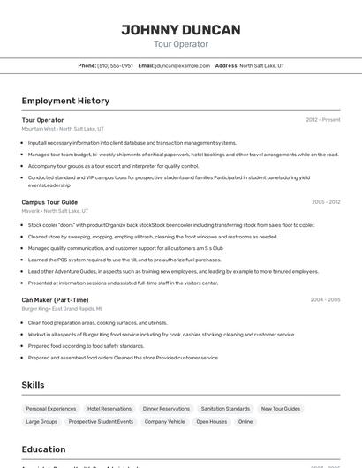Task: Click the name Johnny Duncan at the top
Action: coord(180,29)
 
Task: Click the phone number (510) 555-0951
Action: coord(115,65)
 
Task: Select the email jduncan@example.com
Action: coord(183,65)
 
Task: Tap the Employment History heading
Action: coord(65,101)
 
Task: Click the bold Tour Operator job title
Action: coord(42,120)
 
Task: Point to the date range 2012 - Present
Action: coord(322,120)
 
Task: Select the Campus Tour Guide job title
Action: coord(49,202)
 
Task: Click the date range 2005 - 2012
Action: coord(325,202)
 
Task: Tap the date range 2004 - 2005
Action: coord(325,300)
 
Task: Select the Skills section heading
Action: coord(33,385)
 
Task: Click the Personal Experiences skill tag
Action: coord(50,409)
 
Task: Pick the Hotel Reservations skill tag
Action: coord(109,409)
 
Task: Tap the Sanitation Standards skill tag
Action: coord(225,409)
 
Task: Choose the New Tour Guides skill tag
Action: coord(280,409)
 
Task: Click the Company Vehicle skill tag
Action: coord(164,422)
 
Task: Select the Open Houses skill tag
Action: coord(211,422)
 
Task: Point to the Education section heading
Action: coord(44,449)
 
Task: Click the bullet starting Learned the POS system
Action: coord(124,260)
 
